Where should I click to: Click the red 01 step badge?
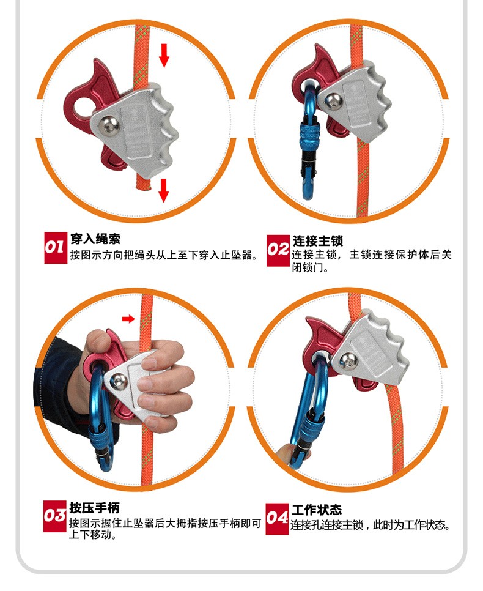point(56,248)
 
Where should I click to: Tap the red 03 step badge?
point(54,516)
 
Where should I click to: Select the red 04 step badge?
point(277,519)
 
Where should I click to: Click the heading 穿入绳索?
point(95,239)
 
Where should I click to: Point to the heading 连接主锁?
point(317,241)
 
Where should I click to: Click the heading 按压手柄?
point(94,508)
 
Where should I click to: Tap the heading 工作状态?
point(317,510)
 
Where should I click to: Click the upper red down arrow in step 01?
point(164,55)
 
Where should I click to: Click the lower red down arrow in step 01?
point(163,190)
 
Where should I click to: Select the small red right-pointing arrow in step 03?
point(128,319)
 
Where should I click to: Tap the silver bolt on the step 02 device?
point(333,101)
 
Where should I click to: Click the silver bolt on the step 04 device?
point(348,362)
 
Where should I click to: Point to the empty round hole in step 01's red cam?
point(83,106)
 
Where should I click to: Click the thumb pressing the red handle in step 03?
point(97,341)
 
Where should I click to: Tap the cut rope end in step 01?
point(143,186)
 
